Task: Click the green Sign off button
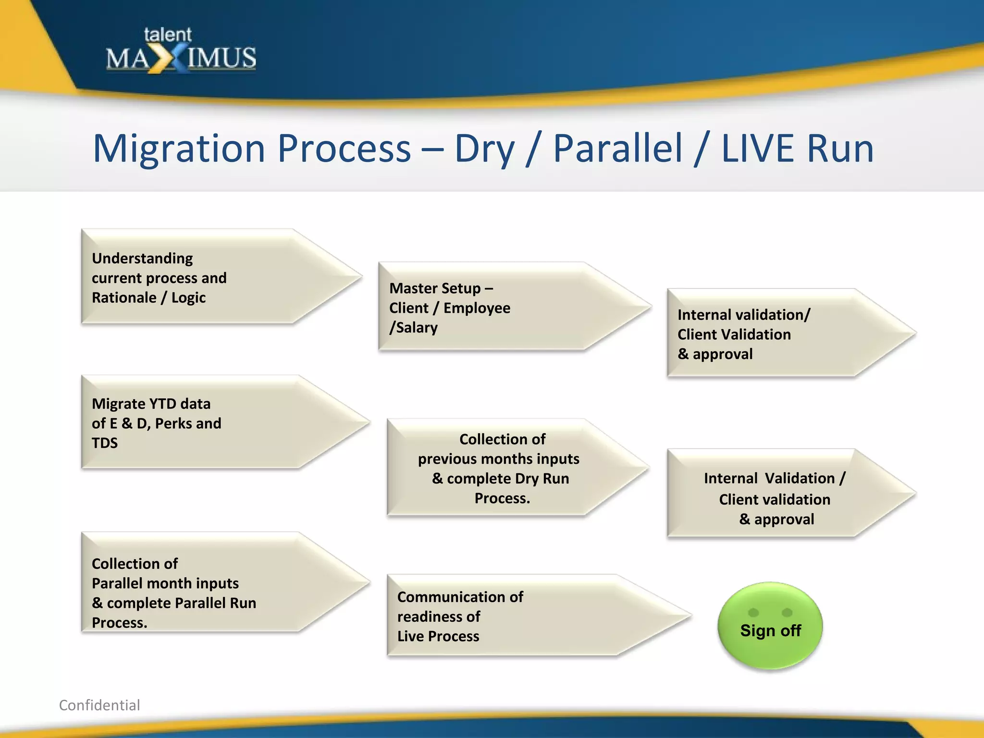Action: click(770, 627)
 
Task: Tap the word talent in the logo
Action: click(167, 35)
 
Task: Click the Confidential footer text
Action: click(99, 705)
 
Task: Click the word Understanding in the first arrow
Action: click(142, 258)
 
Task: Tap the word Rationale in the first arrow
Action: click(123, 297)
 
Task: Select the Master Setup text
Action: click(441, 288)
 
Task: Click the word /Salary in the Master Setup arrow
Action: click(414, 328)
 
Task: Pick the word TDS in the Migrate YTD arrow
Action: click(105, 443)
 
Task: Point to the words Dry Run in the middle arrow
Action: click(541, 479)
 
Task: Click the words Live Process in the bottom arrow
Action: click(438, 636)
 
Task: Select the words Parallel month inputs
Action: click(165, 583)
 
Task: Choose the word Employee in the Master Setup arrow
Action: click(477, 308)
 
